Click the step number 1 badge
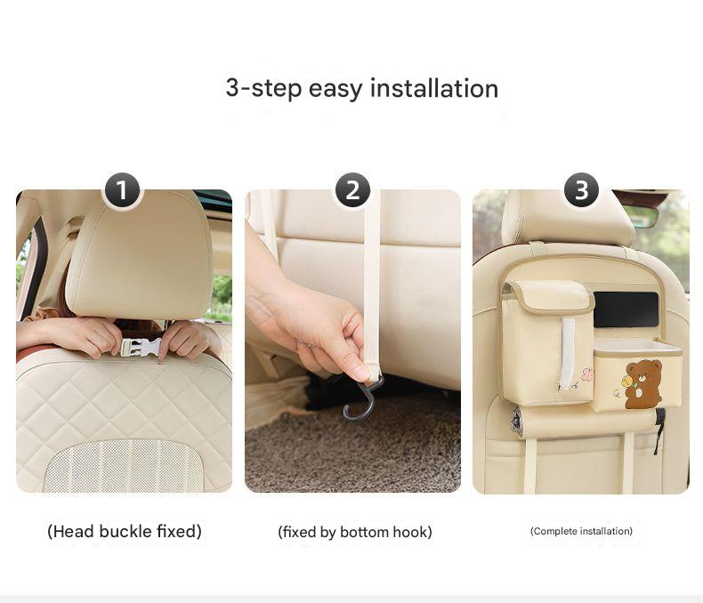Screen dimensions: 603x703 click(x=123, y=190)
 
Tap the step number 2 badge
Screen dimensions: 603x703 click(x=352, y=190)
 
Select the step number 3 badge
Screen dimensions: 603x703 click(x=581, y=190)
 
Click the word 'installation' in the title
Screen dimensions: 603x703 click(x=433, y=89)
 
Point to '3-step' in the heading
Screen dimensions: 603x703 click(x=263, y=89)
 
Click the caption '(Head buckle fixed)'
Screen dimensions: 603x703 click(x=124, y=532)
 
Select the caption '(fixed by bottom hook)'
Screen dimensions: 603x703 click(x=354, y=532)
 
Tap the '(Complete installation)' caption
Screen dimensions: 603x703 click(x=581, y=531)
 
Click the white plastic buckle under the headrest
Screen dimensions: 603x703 click(x=141, y=347)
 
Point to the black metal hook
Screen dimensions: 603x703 click(x=360, y=400)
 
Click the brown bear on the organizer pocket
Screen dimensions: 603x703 click(x=642, y=384)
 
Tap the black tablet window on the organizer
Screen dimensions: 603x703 click(x=626, y=309)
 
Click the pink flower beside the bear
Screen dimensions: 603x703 click(x=586, y=374)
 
